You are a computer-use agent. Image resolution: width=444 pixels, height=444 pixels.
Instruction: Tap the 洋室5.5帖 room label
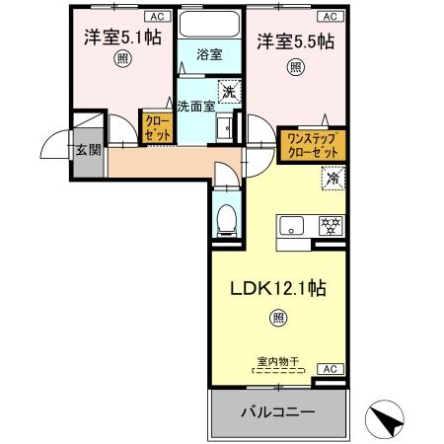[x=295, y=41]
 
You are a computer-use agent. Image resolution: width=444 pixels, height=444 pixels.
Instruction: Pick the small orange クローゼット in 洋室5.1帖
[x=156, y=127]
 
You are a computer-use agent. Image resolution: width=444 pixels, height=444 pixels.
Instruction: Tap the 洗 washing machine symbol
[x=228, y=91]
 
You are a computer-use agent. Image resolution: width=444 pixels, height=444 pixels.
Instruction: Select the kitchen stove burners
[x=329, y=225]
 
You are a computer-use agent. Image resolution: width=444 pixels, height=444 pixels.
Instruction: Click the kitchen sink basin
[x=292, y=226]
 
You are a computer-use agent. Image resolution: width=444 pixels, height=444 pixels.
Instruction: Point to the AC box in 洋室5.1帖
[x=156, y=17]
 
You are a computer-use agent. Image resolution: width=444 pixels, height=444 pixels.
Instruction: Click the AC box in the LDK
[x=331, y=368]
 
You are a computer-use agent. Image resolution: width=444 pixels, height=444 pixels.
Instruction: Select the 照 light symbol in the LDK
[x=279, y=319]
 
